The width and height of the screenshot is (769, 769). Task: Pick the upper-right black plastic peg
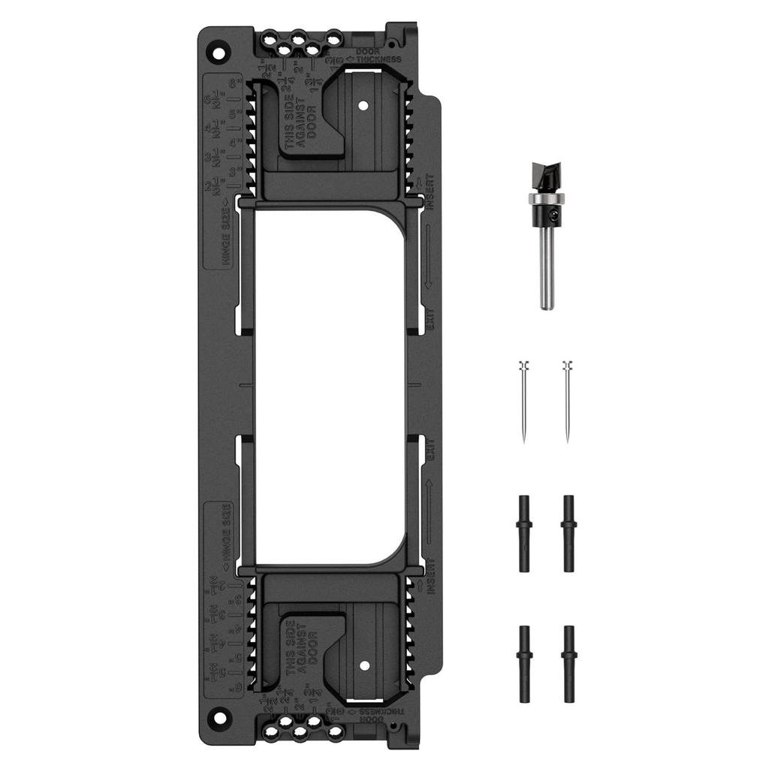(x=568, y=533)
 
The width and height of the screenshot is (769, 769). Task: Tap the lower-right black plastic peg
(x=568, y=663)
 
